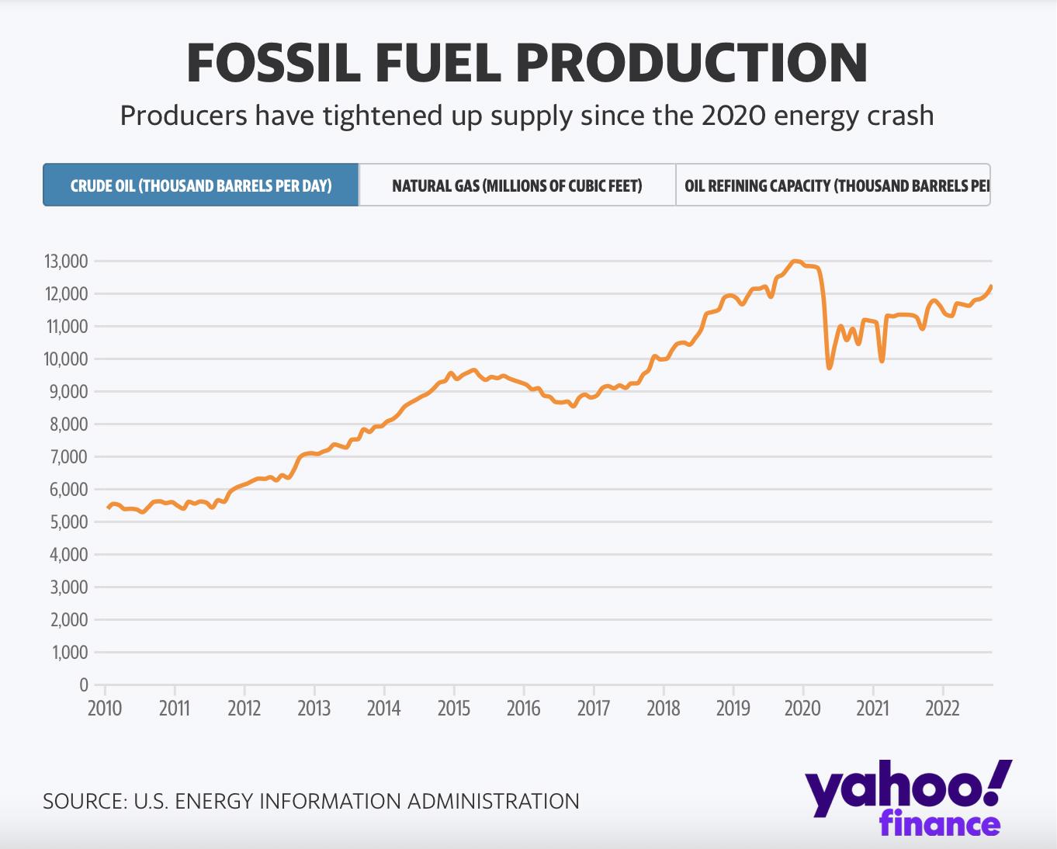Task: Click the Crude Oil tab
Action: tap(201, 185)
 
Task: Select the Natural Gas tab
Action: tap(517, 185)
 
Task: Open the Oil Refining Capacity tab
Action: tap(833, 185)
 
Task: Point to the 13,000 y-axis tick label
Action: tap(64, 262)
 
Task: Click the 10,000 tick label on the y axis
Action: tap(64, 359)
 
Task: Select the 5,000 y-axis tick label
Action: tap(64, 522)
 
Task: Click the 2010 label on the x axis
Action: tap(104, 708)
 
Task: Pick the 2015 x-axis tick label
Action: tap(453, 708)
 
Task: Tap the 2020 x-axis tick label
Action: tap(802, 708)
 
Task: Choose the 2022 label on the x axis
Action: tap(942, 708)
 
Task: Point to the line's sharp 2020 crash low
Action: tap(829, 368)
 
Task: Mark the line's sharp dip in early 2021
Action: tap(882, 361)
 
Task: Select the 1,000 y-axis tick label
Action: tap(66, 653)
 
